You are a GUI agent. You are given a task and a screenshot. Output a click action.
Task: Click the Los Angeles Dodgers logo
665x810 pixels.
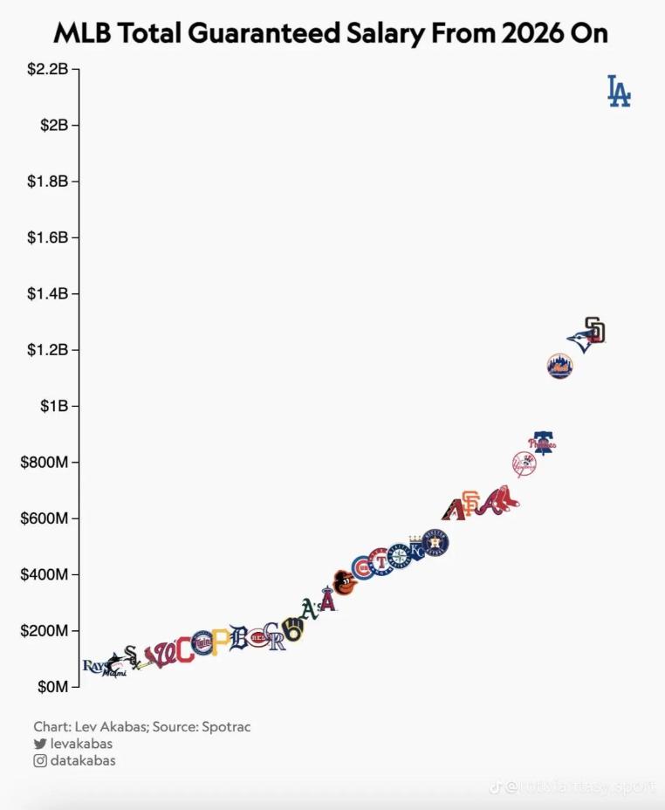[619, 92]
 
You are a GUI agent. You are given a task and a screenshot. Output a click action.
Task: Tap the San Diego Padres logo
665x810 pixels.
[595, 330]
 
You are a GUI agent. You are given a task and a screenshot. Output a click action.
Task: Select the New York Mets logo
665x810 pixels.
[559, 366]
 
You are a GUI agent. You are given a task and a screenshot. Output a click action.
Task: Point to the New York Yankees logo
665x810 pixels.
[524, 463]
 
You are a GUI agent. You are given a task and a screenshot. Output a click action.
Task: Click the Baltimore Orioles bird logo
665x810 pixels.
[345, 582]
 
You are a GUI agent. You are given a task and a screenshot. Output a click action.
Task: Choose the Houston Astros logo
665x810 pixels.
[435, 543]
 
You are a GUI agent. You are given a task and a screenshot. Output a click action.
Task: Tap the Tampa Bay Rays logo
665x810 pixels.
[93, 666]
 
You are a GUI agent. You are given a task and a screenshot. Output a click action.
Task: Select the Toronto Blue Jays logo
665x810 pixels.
[579, 341]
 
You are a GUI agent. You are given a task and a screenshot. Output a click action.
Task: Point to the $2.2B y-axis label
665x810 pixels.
[47, 68]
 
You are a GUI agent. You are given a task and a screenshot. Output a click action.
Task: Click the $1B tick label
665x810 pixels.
[53, 406]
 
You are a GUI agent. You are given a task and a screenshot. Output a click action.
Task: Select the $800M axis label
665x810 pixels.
[45, 462]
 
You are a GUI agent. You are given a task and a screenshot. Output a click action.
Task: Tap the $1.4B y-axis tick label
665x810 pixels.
[47, 293]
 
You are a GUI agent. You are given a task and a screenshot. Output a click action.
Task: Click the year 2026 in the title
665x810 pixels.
[531, 33]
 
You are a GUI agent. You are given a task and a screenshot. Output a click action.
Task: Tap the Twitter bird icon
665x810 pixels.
[39, 744]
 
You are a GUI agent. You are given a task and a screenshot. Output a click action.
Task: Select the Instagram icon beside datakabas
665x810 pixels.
[39, 761]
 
